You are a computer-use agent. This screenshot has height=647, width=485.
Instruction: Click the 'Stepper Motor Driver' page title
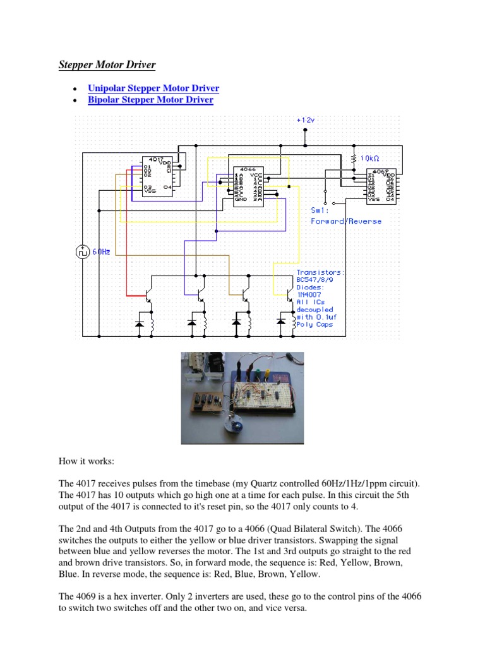(107, 65)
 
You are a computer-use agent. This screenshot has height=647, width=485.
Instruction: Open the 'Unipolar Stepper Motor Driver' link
(153, 88)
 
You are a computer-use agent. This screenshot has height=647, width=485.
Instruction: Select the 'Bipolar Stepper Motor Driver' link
(150, 100)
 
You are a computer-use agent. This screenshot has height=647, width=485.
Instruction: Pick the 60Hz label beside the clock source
(102, 251)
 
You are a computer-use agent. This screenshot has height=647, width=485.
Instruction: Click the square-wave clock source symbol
(82, 251)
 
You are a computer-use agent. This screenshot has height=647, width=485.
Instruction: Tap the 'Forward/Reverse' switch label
(346, 221)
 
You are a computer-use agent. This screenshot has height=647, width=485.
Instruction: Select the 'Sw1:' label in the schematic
(320, 210)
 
